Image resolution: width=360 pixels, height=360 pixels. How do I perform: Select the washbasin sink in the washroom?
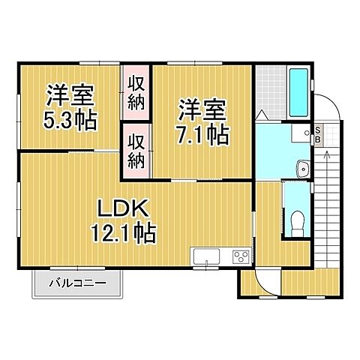point(303,168)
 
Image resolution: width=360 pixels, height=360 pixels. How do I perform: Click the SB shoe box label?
point(317,135)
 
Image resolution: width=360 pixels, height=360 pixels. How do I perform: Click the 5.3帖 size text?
point(70,120)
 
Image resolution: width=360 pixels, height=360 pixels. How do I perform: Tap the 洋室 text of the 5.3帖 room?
point(69,95)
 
